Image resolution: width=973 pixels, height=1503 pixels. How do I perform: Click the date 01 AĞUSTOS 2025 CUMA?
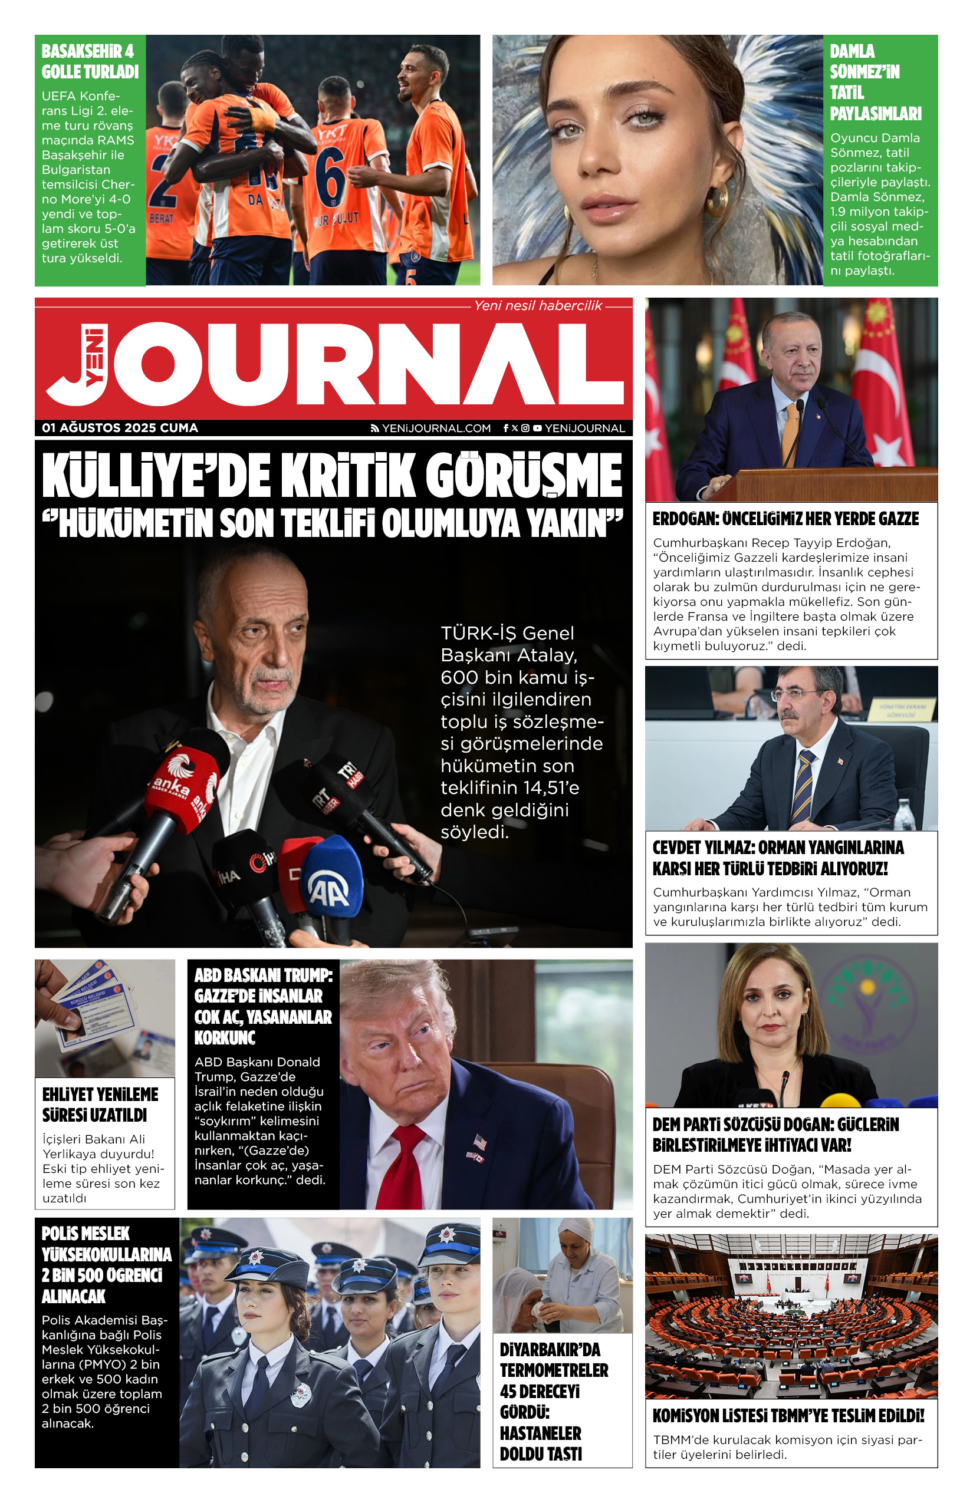point(120,427)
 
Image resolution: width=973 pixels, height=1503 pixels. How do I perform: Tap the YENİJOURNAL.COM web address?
point(435,428)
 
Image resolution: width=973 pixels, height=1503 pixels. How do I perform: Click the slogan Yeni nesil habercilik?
point(538,306)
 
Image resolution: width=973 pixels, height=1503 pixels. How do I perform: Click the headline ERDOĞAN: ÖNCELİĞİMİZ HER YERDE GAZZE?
point(785,519)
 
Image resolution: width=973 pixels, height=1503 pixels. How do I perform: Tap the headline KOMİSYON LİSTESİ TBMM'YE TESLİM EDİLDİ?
point(788,1415)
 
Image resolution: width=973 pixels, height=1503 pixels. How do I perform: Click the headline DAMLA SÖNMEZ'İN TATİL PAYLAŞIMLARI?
point(875,82)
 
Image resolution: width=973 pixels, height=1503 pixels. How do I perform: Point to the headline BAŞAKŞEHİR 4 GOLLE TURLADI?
point(90,61)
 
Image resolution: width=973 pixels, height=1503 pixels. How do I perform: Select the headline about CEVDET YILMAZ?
point(778,858)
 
